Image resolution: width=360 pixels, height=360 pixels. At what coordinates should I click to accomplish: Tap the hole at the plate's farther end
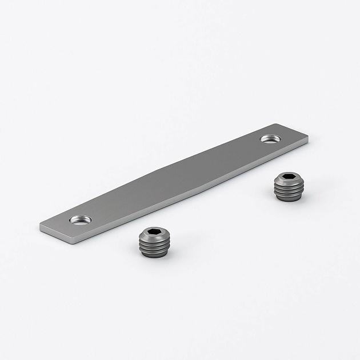point(269,138)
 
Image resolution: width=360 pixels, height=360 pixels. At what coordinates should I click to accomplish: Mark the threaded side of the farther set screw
point(285,190)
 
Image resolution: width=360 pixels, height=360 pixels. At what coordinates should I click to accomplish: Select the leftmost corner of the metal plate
point(41,224)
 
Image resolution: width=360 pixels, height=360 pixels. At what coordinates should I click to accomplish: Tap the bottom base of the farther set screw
point(285,197)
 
